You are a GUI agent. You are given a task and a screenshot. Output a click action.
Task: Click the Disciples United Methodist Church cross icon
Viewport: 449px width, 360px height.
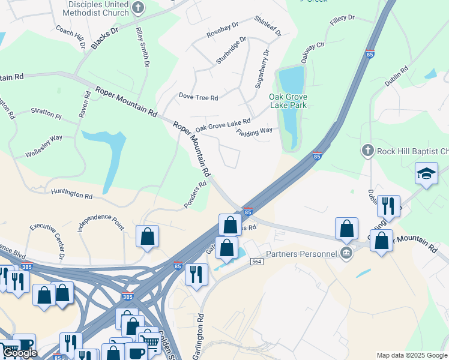tap(139, 8)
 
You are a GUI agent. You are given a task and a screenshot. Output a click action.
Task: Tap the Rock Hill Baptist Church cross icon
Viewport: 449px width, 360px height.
tap(368, 151)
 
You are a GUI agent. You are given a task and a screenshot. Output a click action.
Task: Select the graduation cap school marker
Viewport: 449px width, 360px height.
tap(426, 174)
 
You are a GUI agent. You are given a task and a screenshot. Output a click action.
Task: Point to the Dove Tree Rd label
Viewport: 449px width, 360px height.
tap(198, 97)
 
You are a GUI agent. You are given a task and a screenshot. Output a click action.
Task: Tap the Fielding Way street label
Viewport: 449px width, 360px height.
tap(255, 131)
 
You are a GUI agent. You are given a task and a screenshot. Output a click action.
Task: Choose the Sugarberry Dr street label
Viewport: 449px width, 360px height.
tap(262, 70)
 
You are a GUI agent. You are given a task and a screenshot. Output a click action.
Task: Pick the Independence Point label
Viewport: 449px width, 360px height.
tap(101, 223)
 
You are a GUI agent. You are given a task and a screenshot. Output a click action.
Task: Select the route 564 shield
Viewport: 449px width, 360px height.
tap(257, 262)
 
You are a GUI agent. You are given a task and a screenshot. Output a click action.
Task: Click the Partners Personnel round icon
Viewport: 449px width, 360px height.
tap(346, 254)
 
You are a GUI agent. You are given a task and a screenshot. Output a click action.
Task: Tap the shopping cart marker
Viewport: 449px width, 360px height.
tap(149, 340)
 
